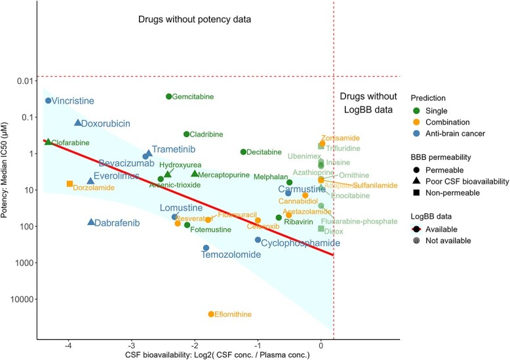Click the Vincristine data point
(x=49, y=100)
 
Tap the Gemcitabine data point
(x=168, y=96)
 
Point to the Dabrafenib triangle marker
(x=91, y=222)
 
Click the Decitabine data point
(x=243, y=151)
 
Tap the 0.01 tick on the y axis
(x=26, y=81)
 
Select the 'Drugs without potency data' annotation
(x=195, y=19)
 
